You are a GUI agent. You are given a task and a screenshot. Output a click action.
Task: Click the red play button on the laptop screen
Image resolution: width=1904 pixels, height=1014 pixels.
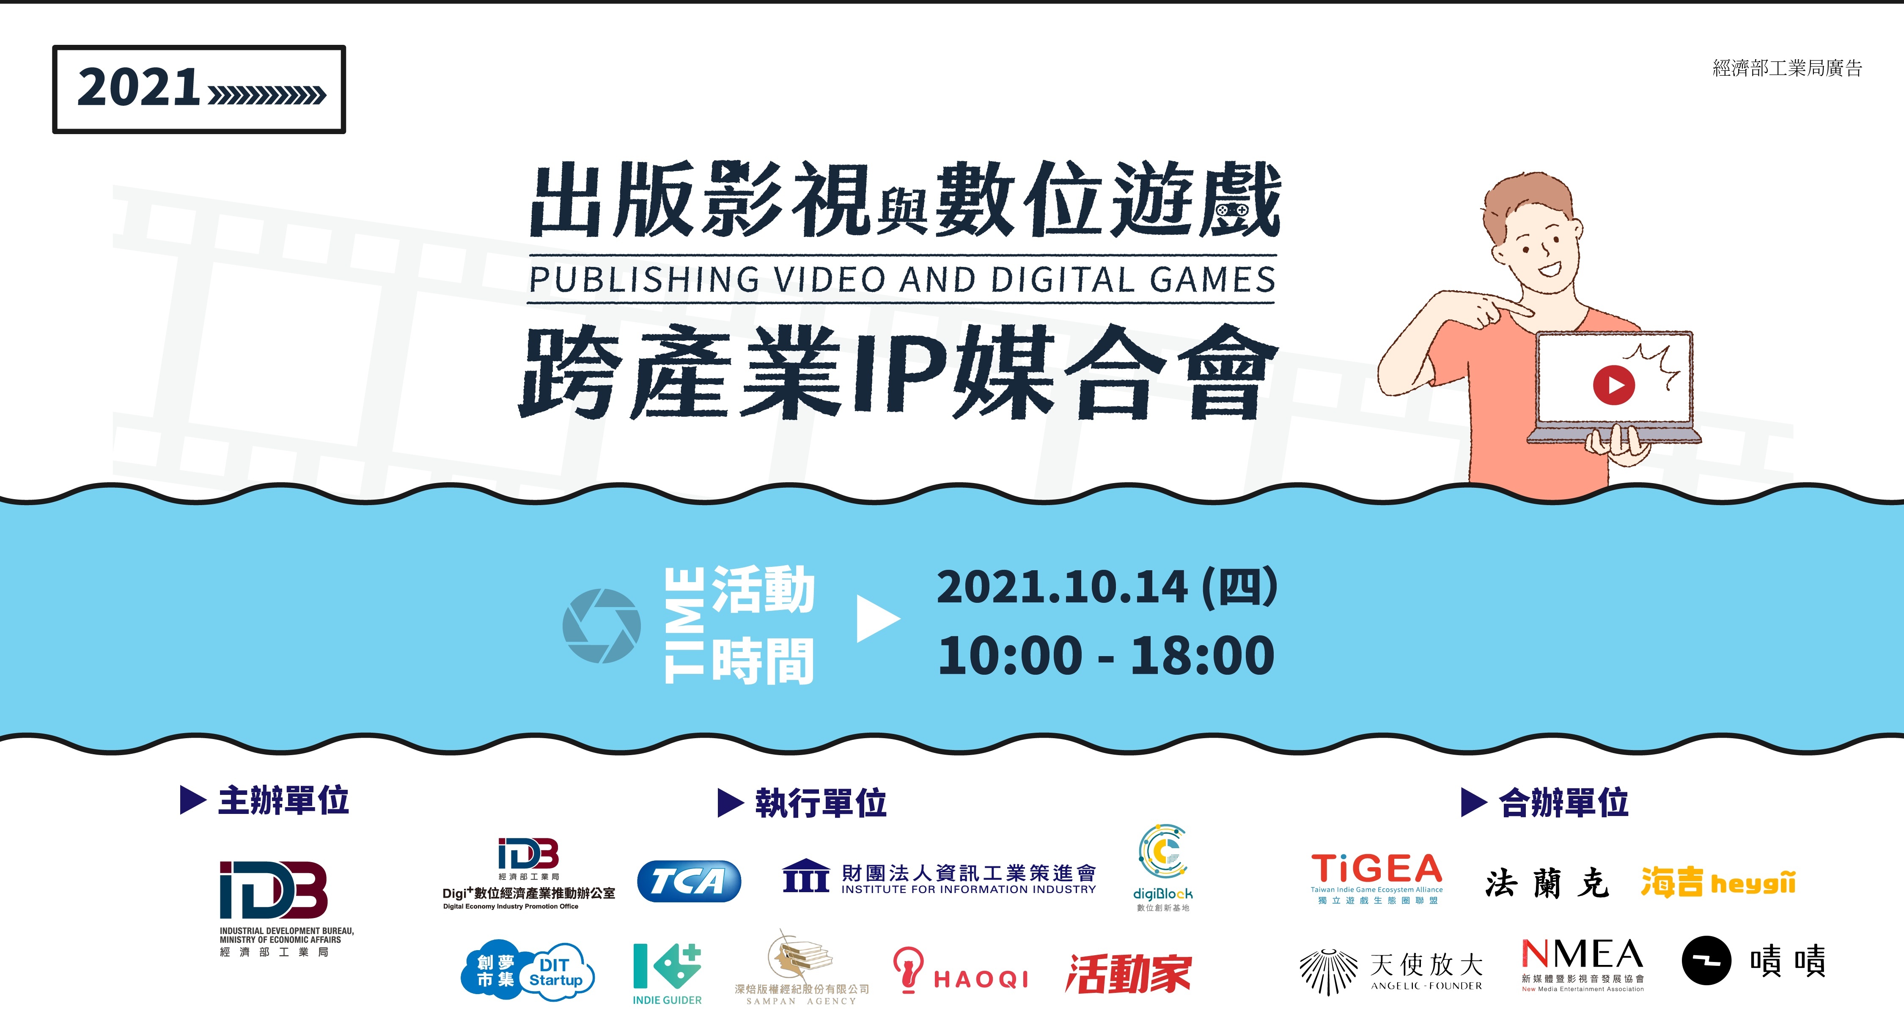click(x=1613, y=385)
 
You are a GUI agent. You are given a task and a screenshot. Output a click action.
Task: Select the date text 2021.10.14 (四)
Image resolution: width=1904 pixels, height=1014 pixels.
click(x=1107, y=588)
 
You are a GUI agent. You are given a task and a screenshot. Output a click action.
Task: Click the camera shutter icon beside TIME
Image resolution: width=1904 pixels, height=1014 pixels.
click(x=601, y=625)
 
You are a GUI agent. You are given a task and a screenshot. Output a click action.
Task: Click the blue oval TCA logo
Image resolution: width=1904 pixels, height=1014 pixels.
click(x=689, y=881)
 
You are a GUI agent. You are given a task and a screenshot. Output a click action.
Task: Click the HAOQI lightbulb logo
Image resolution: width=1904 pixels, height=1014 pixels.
click(x=961, y=970)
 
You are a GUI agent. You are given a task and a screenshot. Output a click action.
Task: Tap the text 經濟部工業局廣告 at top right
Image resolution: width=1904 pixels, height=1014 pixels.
click(x=1787, y=69)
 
